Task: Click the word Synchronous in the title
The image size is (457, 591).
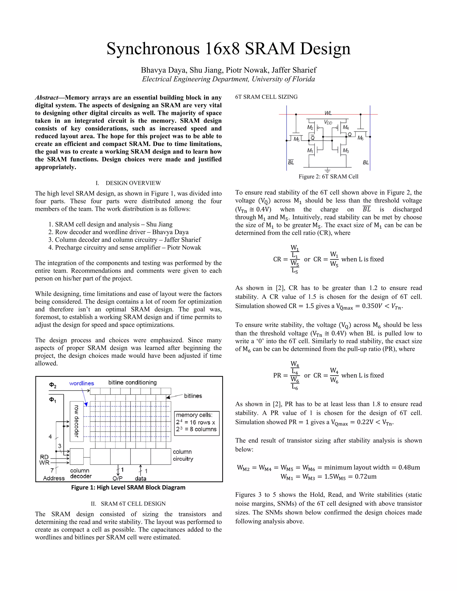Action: [153, 49]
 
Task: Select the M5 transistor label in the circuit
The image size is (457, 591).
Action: [297, 139]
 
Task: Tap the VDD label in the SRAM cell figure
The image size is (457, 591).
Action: [328, 123]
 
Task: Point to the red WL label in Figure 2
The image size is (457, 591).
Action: [328, 113]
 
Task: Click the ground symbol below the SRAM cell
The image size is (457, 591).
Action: [328, 170]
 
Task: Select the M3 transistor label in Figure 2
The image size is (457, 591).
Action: [346, 151]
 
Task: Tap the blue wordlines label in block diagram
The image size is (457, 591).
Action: [81, 383]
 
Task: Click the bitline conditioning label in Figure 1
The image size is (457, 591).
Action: [132, 382]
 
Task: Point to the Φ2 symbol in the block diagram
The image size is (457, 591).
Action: [52, 385]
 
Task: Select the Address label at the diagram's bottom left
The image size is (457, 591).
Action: [54, 478]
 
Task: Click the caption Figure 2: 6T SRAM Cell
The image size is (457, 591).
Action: [328, 176]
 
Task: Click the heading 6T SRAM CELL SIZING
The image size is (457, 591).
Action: [266, 97]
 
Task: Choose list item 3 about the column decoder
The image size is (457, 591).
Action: [125, 240]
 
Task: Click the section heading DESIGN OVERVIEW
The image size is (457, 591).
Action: [133, 183]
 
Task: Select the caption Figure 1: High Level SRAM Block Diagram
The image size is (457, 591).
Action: [128, 487]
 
